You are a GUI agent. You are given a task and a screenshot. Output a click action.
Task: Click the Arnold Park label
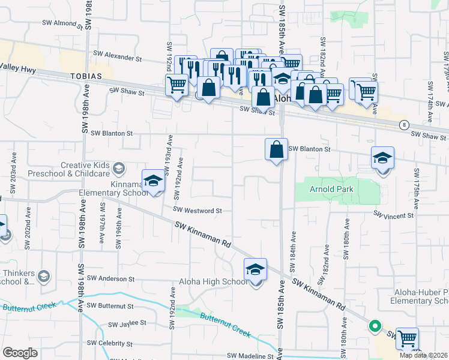click(x=331, y=189)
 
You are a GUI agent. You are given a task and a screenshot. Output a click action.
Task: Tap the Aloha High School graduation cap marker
click(x=255, y=270)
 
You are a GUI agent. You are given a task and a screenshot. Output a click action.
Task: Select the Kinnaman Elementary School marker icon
click(x=153, y=181)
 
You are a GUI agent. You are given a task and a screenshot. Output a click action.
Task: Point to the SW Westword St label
click(x=197, y=211)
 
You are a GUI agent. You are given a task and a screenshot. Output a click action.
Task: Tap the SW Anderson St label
click(x=110, y=278)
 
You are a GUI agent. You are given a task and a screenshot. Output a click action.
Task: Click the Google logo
click(x=20, y=353)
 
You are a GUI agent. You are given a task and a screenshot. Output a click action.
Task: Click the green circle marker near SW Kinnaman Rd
click(x=375, y=327)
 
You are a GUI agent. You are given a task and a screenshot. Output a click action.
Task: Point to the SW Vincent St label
click(x=394, y=214)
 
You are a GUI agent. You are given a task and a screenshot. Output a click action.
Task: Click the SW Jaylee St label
click(x=127, y=324)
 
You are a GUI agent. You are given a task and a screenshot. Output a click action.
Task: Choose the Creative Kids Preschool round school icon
click(x=119, y=167)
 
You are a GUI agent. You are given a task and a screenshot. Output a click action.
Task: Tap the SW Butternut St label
click(x=110, y=305)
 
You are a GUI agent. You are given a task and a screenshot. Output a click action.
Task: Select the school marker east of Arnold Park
click(x=382, y=158)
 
